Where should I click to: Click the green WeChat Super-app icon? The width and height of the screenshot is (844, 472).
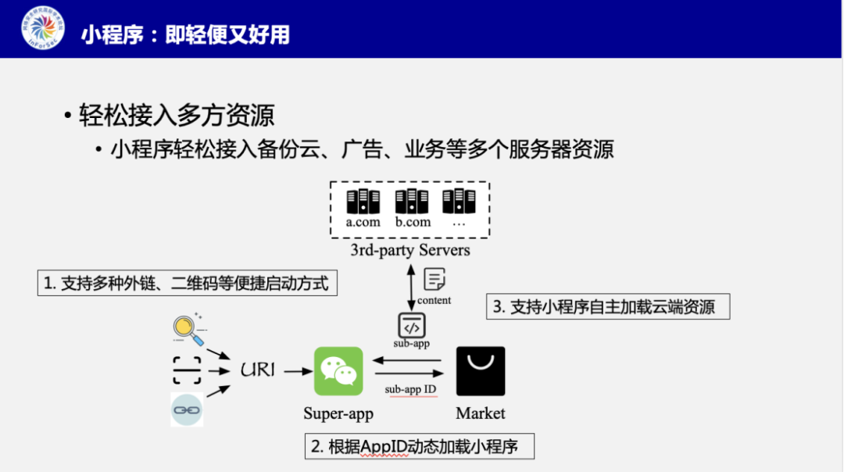pyautogui.click(x=338, y=371)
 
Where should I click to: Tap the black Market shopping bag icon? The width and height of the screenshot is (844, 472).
pyautogui.click(x=481, y=370)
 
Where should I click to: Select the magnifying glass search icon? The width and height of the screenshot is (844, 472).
pyautogui.click(x=188, y=329)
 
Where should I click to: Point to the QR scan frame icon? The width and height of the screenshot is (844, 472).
pyautogui.click(x=187, y=370)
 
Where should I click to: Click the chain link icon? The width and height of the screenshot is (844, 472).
pyautogui.click(x=187, y=409)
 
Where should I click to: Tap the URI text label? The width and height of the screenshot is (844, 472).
pyautogui.click(x=259, y=370)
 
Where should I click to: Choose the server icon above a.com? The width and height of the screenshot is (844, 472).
pyautogui.click(x=363, y=201)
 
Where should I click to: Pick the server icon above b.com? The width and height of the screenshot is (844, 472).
pyautogui.click(x=412, y=201)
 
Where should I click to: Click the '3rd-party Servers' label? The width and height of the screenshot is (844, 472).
pyautogui.click(x=410, y=250)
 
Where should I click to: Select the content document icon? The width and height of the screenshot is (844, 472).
pyautogui.click(x=434, y=279)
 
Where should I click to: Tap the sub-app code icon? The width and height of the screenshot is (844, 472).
pyautogui.click(x=411, y=324)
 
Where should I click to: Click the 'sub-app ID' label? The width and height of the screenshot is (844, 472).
pyautogui.click(x=410, y=389)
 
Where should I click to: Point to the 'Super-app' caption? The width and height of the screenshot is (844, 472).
pyautogui.click(x=338, y=413)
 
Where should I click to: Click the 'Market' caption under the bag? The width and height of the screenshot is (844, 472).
pyautogui.click(x=481, y=413)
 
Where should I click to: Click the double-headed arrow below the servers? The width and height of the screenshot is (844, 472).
pyautogui.click(x=411, y=287)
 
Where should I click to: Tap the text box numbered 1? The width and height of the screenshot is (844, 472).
pyautogui.click(x=187, y=283)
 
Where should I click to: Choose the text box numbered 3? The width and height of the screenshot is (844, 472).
pyautogui.click(x=608, y=306)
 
